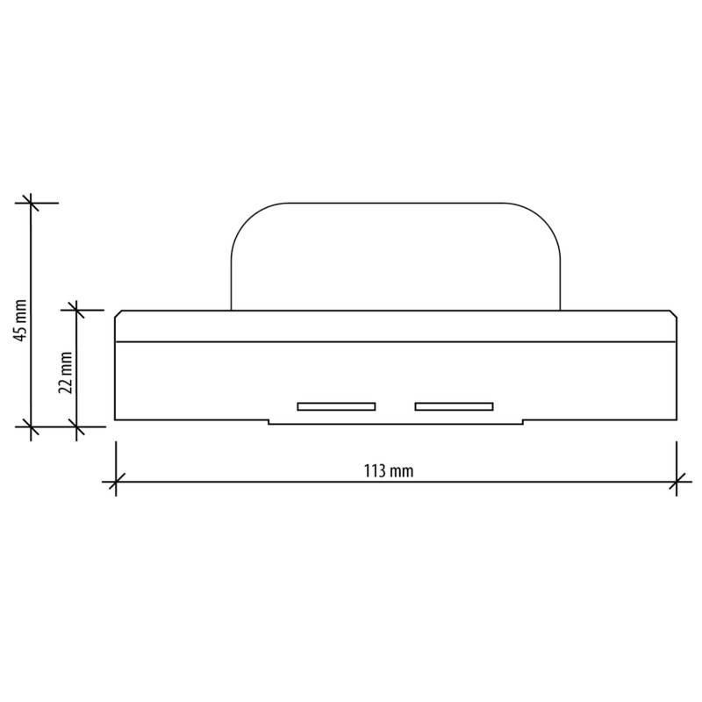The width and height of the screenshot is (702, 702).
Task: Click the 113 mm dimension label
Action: pyautogui.click(x=388, y=469)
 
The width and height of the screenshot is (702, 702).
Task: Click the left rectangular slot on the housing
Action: pyautogui.click(x=336, y=406)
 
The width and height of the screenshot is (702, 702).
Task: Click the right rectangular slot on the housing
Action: pyautogui.click(x=454, y=406)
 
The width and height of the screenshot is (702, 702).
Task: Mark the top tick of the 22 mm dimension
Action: pyautogui.click(x=76, y=309)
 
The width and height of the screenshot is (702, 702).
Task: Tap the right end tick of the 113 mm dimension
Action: pyautogui.click(x=677, y=481)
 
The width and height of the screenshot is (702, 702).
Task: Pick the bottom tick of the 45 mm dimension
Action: pyautogui.click(x=32, y=426)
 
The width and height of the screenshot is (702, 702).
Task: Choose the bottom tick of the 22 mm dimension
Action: pyautogui.click(x=76, y=426)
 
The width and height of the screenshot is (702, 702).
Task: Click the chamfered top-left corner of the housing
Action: pyautogui.click(x=118, y=313)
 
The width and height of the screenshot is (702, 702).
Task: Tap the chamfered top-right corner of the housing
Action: pyautogui.click(x=673, y=313)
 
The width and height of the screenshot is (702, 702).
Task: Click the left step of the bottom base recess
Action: pyautogui.click(x=269, y=422)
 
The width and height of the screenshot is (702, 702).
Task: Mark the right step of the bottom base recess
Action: pyautogui.click(x=523, y=422)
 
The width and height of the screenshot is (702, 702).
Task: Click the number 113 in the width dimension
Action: pyautogui.click(x=375, y=469)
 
